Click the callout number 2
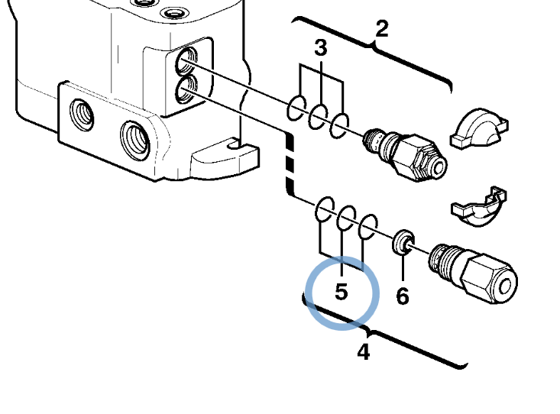point(382,29)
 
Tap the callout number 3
point(321,49)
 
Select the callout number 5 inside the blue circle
point(341,292)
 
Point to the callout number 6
point(403,295)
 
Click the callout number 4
point(364,352)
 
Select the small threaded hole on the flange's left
point(79,115)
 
